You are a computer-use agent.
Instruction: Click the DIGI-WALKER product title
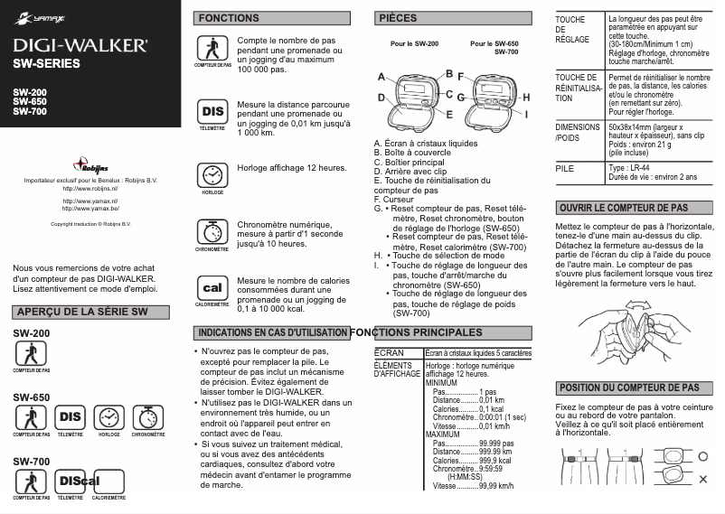(80, 44)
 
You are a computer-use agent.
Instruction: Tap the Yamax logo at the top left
(35, 16)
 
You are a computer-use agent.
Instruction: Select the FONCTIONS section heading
(229, 18)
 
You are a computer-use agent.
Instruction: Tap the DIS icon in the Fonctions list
(212, 112)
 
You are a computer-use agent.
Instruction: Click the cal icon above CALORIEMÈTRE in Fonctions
(212, 288)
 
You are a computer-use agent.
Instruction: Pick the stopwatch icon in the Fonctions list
(212, 230)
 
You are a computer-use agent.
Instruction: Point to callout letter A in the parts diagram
(381, 77)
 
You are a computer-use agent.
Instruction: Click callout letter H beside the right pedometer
(526, 97)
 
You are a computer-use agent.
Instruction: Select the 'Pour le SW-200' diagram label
(414, 43)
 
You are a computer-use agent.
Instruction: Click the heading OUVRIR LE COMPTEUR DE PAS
(623, 208)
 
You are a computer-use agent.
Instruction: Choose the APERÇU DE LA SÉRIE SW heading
(81, 313)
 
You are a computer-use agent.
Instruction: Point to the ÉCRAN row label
(388, 353)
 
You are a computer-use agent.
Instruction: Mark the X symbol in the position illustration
(702, 478)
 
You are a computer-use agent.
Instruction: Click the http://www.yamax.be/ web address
(90, 209)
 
